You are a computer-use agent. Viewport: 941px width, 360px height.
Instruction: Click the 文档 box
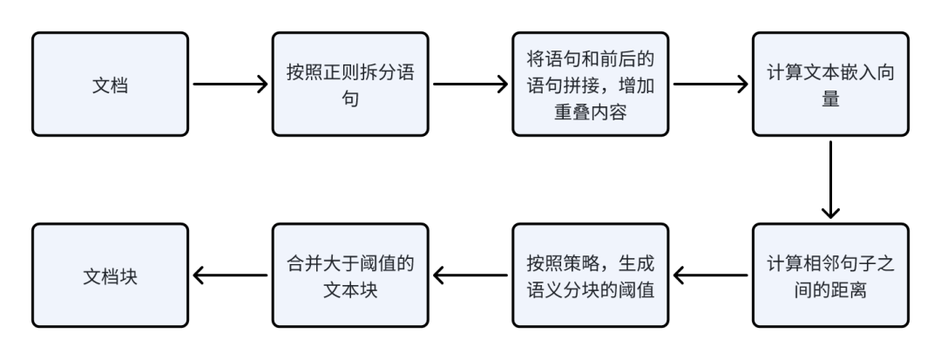tap(110, 84)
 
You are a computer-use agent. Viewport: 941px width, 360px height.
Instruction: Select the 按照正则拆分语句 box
tap(350, 84)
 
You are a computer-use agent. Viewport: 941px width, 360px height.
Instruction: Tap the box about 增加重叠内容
tap(591, 84)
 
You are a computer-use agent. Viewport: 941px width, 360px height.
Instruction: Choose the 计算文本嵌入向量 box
tap(831, 84)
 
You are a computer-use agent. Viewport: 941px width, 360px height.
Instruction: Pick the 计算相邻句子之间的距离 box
tap(831, 275)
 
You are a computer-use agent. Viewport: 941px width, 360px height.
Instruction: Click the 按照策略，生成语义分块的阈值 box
tap(591, 275)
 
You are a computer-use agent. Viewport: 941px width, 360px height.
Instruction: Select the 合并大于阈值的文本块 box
tap(350, 275)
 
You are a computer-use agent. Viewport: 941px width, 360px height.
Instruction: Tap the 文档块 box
tap(110, 275)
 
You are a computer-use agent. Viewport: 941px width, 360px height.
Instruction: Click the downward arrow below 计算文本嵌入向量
tap(831, 179)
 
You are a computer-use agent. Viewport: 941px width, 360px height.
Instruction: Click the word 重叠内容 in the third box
tap(591, 113)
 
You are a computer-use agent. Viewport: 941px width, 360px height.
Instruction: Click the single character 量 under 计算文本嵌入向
tap(831, 99)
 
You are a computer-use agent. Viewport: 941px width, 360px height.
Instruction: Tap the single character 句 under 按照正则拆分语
tap(350, 99)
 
